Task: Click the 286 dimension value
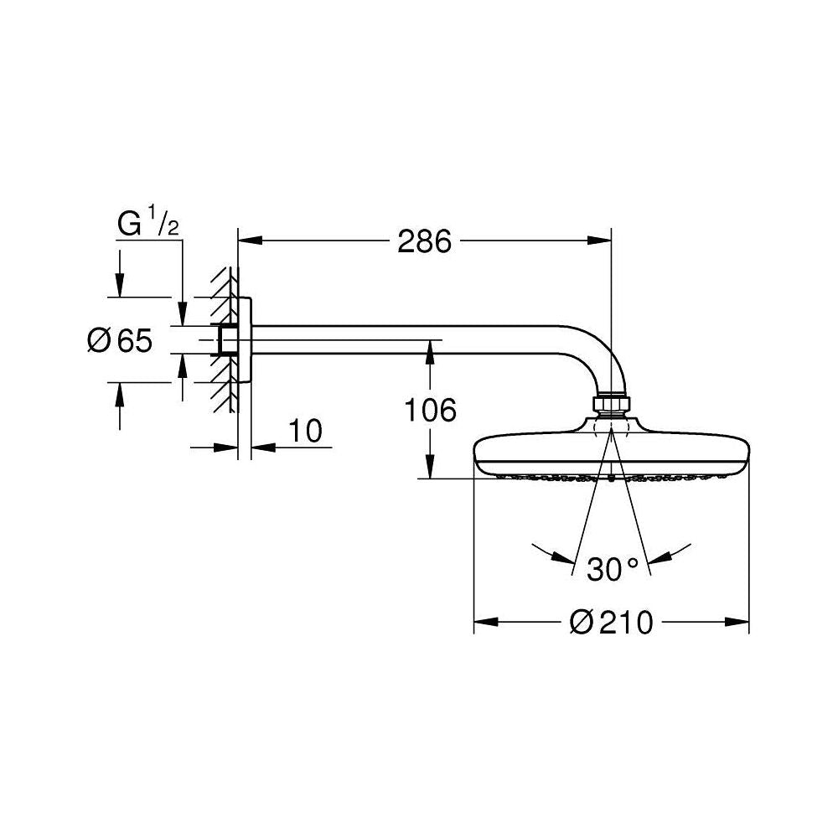[x=424, y=241]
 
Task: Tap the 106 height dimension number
[x=430, y=410]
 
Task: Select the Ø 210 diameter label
[x=612, y=622]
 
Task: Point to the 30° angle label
[x=613, y=569]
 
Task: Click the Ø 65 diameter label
[x=120, y=340]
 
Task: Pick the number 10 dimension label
[x=306, y=431]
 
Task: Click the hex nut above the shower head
[x=611, y=404]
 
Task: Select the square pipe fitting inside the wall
[x=228, y=340]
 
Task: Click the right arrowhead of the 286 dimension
[x=599, y=241]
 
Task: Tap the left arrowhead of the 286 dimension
[x=250, y=241]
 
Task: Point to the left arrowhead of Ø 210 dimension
[x=486, y=622]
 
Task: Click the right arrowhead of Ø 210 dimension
[x=737, y=622]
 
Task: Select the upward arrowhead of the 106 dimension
[x=430, y=353]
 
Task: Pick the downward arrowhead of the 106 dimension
[x=430, y=466]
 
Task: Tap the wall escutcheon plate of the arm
[x=244, y=340]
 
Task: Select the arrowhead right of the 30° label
[x=660, y=558]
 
